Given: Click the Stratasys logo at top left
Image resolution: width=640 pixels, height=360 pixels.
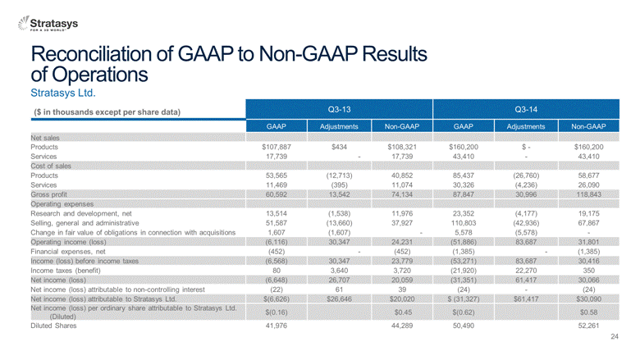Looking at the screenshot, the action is (48, 24).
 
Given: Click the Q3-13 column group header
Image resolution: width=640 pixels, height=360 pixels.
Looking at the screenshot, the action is (339, 109).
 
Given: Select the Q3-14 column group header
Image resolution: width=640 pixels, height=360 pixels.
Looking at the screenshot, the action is (526, 109).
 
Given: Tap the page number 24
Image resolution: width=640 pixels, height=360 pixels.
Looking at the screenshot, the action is (615, 336).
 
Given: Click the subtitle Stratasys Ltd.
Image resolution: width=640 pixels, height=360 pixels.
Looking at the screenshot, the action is (63, 93).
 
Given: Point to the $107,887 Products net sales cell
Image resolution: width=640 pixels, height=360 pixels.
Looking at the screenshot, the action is (277, 147).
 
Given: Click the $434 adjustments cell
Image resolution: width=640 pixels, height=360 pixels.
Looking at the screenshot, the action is (339, 147).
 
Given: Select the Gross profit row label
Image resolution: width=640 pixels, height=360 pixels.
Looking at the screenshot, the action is (48, 194).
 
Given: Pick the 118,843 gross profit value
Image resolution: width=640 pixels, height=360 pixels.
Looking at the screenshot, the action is (588, 194).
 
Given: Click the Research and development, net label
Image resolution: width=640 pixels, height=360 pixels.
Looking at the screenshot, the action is (80, 214).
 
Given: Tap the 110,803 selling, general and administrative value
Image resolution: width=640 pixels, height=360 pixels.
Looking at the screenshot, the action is (464, 223).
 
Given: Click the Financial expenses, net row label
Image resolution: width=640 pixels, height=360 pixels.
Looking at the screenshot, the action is (68, 252).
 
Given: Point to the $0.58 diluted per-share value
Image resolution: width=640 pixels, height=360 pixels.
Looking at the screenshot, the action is (588, 312).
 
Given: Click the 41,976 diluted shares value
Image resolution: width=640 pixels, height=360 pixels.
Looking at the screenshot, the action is (277, 326).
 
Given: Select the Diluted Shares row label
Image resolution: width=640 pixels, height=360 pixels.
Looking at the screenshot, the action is (53, 326).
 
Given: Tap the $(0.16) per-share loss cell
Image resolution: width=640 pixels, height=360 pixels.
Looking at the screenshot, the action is (277, 312).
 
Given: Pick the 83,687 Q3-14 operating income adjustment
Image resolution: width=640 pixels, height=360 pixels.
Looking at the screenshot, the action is (526, 242).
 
